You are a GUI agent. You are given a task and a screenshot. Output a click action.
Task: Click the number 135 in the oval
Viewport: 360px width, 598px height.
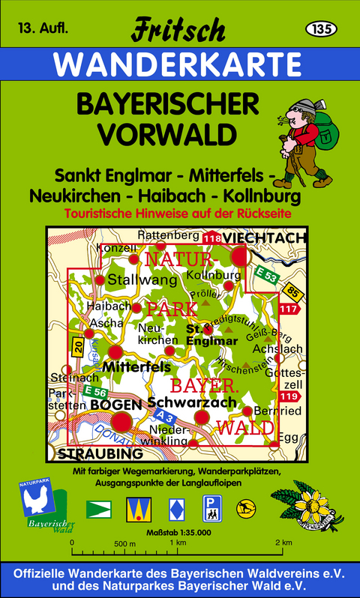coord(320,28)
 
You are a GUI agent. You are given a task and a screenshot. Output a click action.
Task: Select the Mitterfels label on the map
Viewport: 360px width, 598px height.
coord(135,367)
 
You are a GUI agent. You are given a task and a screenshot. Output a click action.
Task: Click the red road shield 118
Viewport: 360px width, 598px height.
coord(211,238)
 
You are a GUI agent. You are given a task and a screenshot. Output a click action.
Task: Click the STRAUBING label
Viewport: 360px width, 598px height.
coord(100,454)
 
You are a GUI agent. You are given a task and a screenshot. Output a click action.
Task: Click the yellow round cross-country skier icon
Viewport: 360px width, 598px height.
coord(244,509)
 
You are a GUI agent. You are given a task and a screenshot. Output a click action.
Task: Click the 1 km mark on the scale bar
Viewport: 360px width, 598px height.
coord(178,542)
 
